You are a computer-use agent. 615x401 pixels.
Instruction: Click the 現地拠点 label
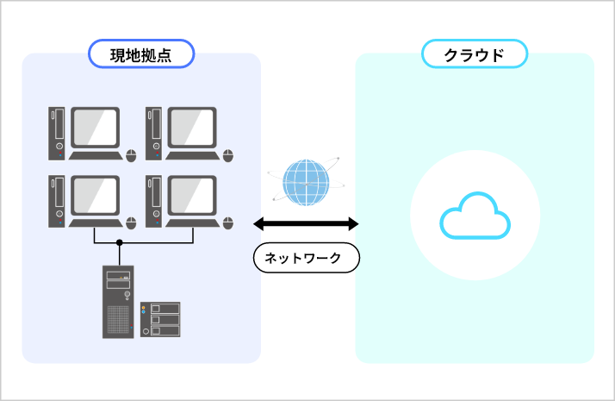tap(141, 54)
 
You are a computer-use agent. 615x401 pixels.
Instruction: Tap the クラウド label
tap(474, 54)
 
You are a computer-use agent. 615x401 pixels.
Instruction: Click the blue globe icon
tap(307, 179)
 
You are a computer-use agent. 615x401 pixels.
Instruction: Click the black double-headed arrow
tap(306, 224)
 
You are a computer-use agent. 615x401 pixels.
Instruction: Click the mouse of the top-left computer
tap(131, 155)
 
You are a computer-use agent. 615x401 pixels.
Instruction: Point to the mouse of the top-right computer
tap(228, 155)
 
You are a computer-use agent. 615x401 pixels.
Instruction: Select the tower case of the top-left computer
tap(57, 135)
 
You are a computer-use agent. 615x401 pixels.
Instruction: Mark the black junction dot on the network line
tap(120, 242)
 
